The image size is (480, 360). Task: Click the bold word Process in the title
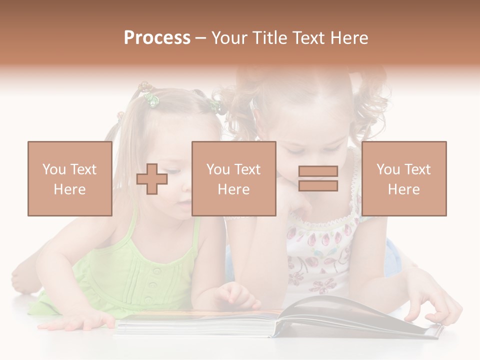pos(157,38)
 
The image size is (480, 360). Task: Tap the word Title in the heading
pos(269,38)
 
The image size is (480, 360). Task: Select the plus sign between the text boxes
pos(152,179)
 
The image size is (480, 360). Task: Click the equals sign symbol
pos(318,178)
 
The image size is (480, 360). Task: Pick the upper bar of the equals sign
pos(318,171)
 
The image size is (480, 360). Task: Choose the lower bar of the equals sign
pos(318,186)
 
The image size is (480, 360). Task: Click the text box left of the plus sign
pos(70,178)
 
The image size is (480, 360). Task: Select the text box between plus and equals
pos(233,178)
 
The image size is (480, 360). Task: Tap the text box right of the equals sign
pos(404,178)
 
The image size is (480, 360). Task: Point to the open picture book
pos(280,318)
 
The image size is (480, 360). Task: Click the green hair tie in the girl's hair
pos(151,100)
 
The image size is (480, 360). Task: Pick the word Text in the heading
pos(309,38)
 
